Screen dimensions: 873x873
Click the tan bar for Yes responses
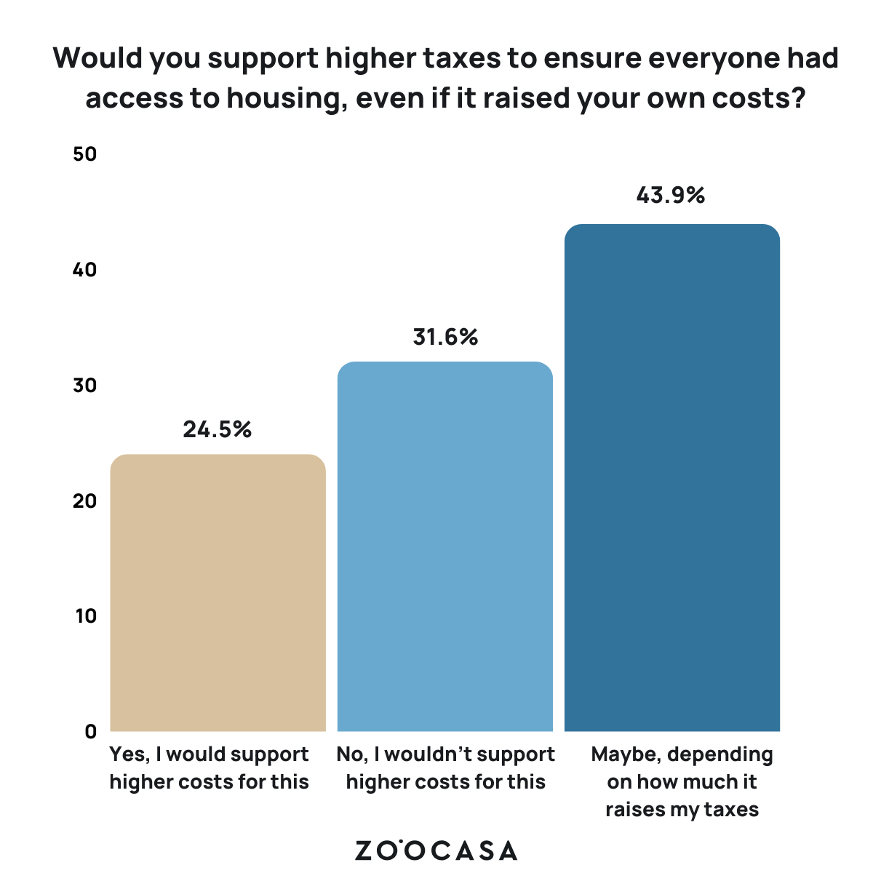click(218, 593)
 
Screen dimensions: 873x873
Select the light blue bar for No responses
click(445, 546)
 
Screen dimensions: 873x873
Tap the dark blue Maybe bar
click(672, 478)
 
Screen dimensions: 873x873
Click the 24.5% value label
click(218, 429)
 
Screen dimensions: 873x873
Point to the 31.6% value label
click(445, 337)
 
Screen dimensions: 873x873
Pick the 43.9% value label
click(671, 195)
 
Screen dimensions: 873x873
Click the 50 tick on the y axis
click(85, 154)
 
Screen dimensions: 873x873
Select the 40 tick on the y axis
click(85, 270)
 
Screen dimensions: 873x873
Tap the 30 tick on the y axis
click(85, 385)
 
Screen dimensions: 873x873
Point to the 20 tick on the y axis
click(85, 501)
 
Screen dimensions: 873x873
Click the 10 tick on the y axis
click(85, 615)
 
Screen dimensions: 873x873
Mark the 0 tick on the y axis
click(90, 731)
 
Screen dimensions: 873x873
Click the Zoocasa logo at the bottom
click(436, 850)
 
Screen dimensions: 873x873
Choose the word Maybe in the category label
click(625, 754)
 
